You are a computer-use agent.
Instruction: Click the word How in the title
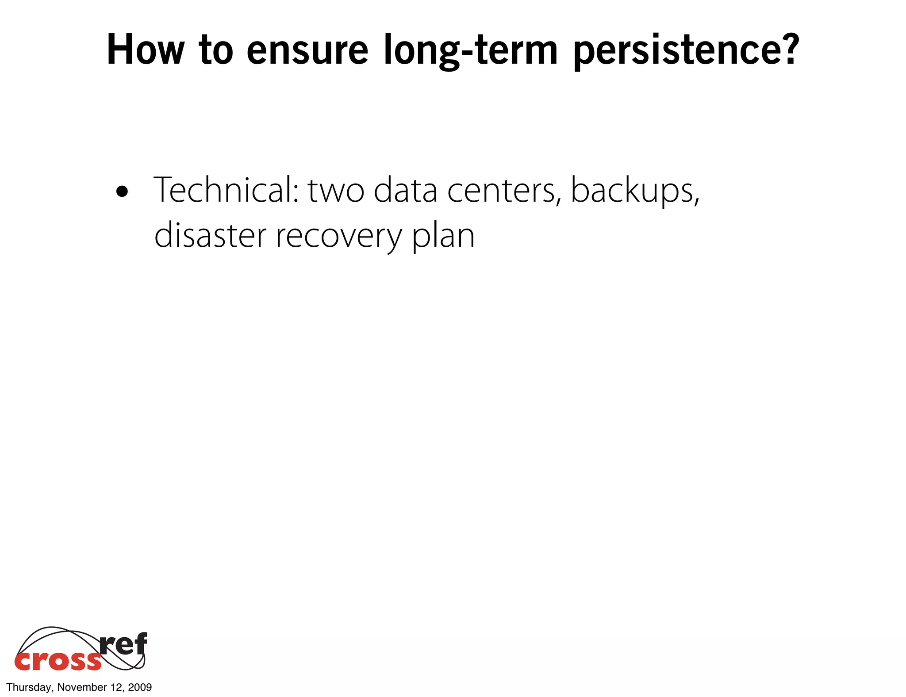(x=145, y=50)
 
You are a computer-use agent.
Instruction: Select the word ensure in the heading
(x=307, y=50)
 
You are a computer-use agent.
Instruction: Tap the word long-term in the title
(x=470, y=50)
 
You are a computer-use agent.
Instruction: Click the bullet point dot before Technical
(x=122, y=192)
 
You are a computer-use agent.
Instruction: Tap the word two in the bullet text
(x=336, y=191)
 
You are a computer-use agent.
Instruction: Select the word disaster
(x=210, y=235)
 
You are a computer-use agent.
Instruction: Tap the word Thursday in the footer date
(x=29, y=687)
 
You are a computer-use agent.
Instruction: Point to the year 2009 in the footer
(x=140, y=687)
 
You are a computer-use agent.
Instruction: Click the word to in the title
(x=216, y=50)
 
